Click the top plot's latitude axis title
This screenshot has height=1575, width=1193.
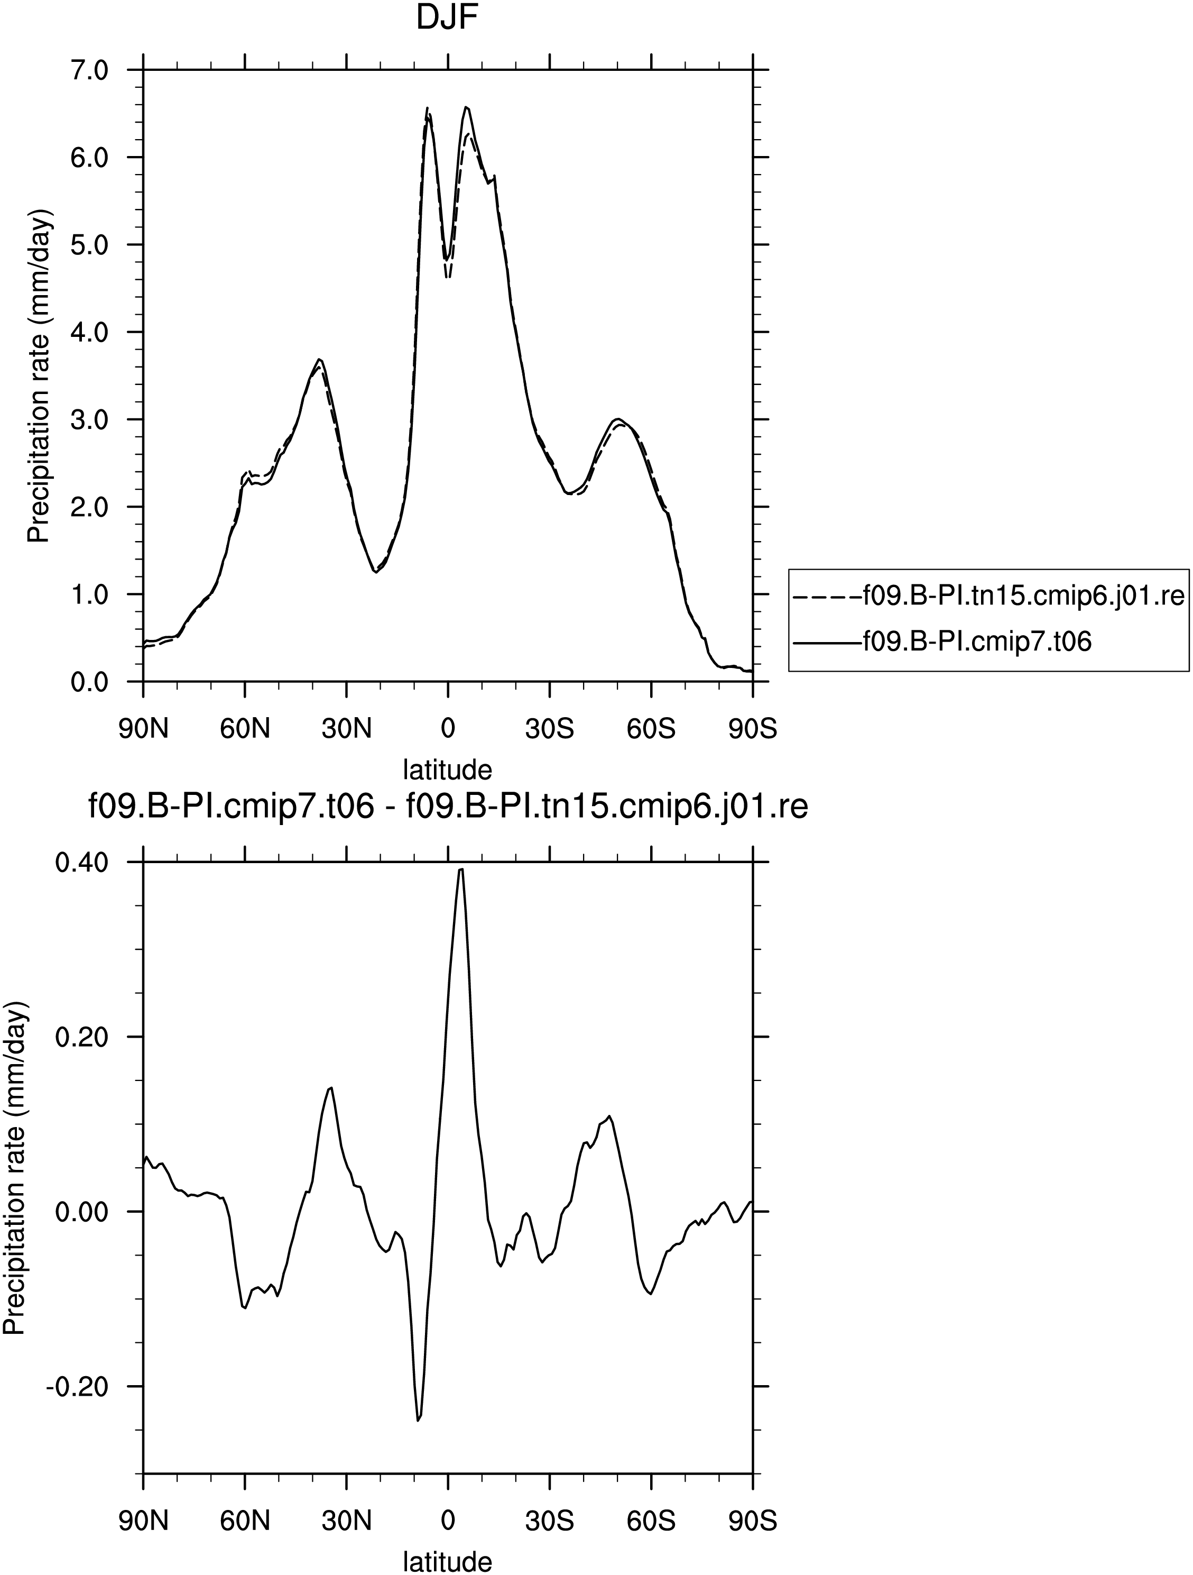[x=448, y=770]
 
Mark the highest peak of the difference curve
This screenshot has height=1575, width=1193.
[x=461, y=869]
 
